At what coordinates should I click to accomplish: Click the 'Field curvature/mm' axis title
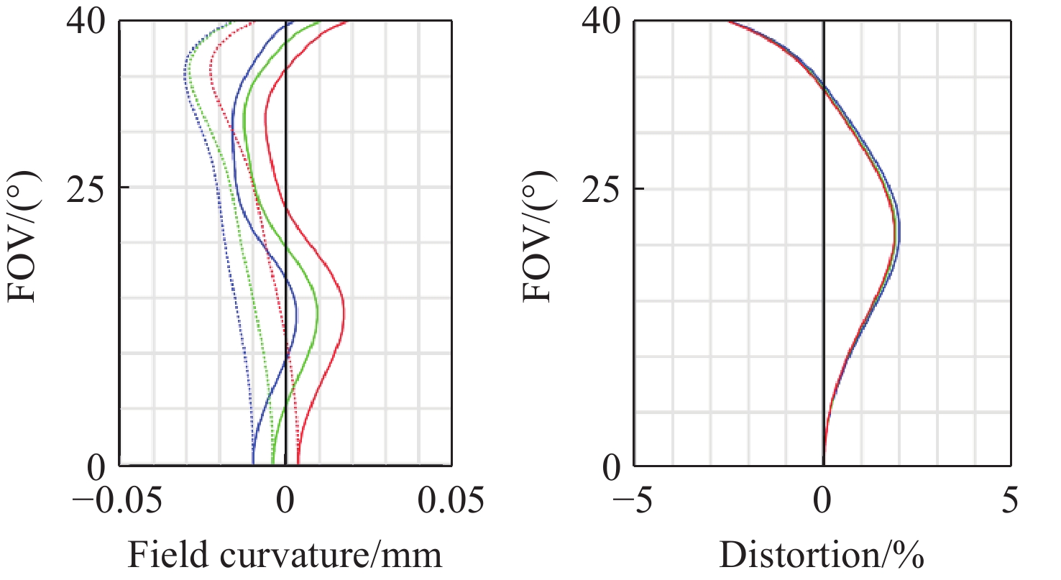pyautogui.click(x=285, y=556)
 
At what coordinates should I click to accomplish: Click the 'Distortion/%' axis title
pyautogui.click(x=822, y=556)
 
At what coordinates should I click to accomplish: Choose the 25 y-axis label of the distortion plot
pyautogui.click(x=602, y=188)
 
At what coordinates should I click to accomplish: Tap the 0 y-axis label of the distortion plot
pyautogui.click(x=612, y=466)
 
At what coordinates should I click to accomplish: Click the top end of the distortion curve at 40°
pyautogui.click(x=728, y=22)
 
